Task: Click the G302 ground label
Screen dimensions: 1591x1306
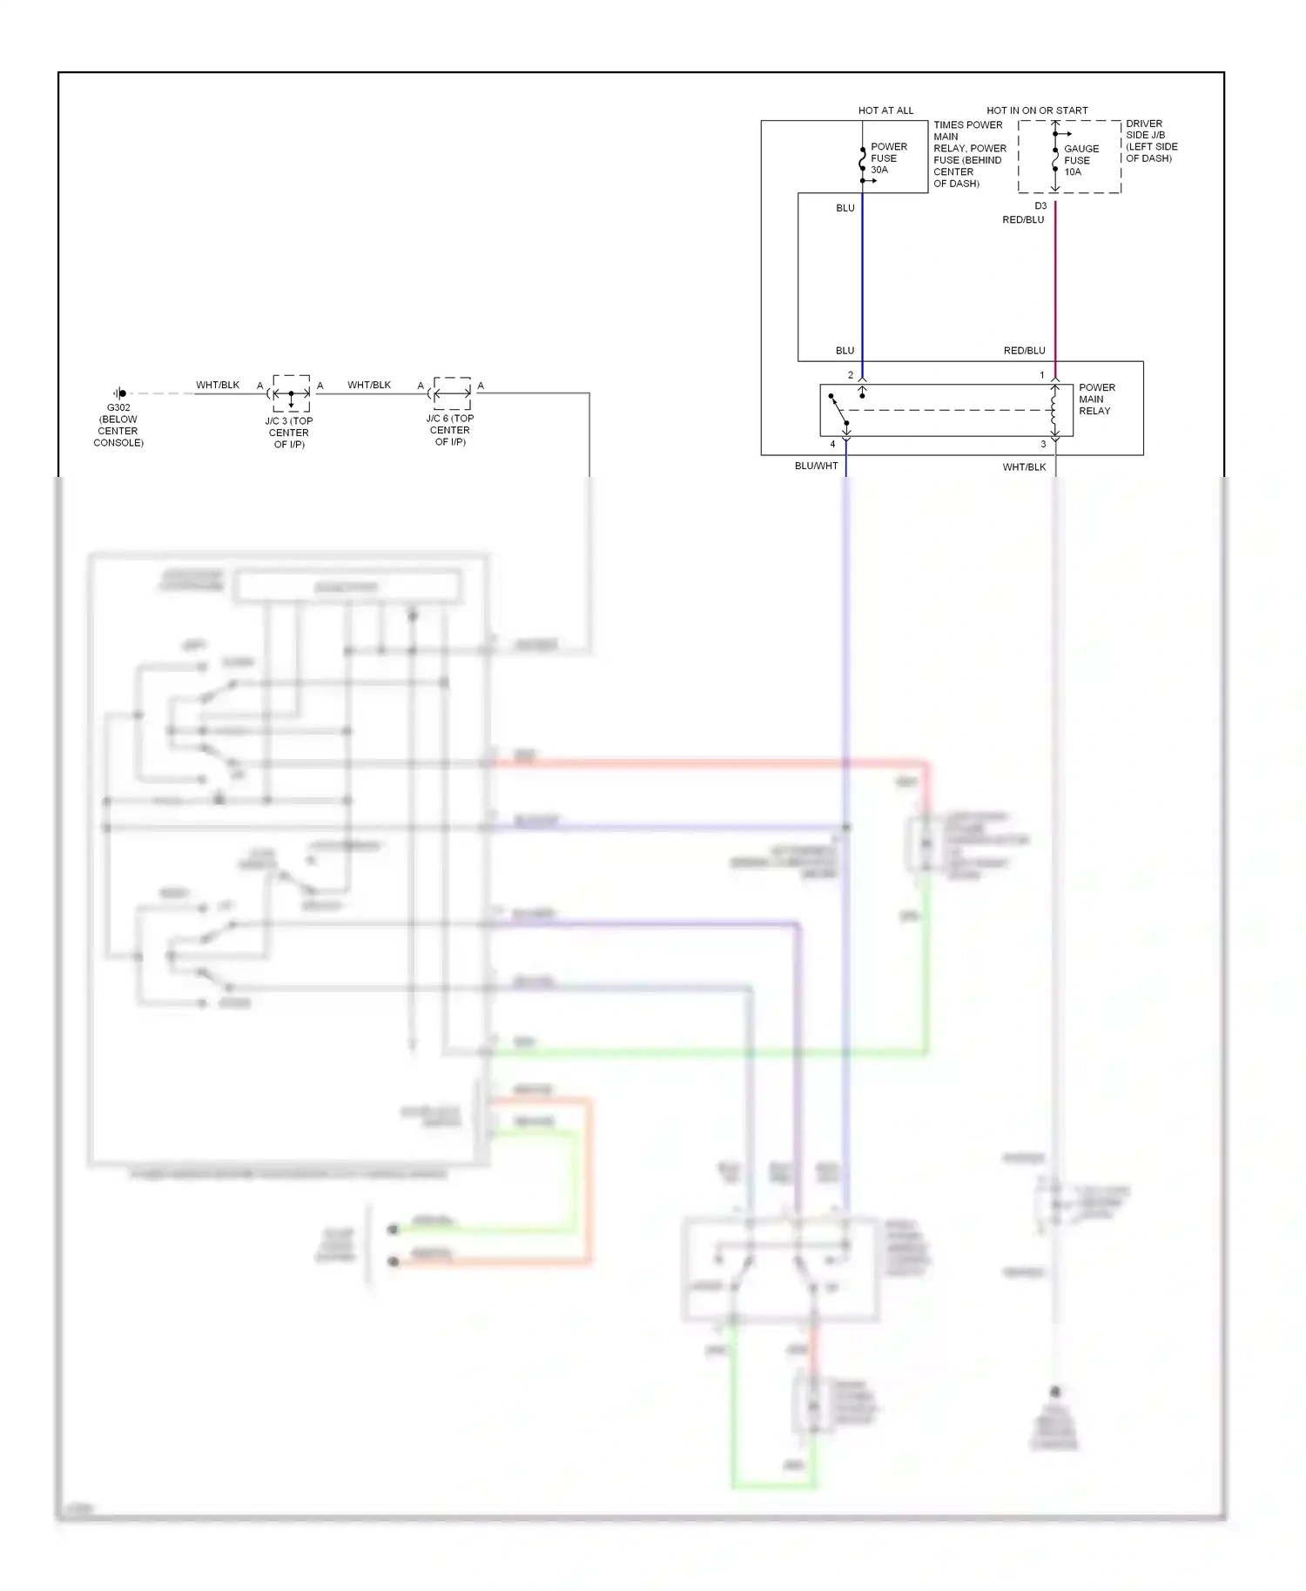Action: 118,407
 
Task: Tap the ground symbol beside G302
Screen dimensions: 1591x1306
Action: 120,393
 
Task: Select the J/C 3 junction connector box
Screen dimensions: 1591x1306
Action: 291,393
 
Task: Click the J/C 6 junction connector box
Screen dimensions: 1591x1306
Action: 452,393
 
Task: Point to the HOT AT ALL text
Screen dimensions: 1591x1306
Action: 885,111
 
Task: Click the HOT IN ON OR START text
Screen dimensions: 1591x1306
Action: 1036,111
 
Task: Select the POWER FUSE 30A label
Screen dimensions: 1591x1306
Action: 888,158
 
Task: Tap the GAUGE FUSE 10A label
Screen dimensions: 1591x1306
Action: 1080,160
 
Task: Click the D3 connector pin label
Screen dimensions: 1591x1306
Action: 1040,206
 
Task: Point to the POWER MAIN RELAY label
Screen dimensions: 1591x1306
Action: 1096,399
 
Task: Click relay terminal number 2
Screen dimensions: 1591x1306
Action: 851,375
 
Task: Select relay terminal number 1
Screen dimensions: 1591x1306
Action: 1041,375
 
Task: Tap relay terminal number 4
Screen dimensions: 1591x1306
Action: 832,445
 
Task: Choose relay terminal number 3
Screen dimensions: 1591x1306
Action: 1043,445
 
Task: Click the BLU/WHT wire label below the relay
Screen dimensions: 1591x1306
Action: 816,467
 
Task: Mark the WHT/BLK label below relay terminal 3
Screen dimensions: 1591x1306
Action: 1024,467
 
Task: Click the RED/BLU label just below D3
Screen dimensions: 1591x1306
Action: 1022,220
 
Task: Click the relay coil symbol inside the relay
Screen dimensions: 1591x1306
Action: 1054,410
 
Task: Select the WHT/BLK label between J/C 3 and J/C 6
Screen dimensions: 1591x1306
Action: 368,385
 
